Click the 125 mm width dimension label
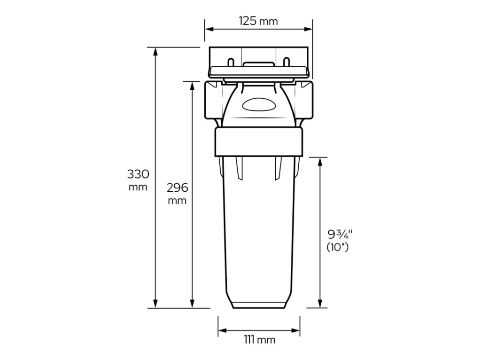point(258,21)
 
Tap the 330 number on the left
point(138,174)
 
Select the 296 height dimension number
point(177,188)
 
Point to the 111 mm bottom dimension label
point(259,340)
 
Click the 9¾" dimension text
point(340,234)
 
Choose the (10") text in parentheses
point(338,247)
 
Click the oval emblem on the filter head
point(259,105)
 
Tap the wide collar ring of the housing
point(259,142)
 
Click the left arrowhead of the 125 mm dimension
point(209,29)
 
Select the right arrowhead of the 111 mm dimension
point(296,330)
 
